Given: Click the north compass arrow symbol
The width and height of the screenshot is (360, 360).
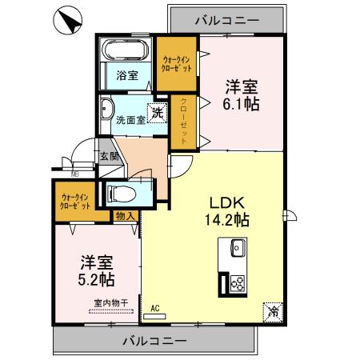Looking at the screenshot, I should click(x=68, y=21).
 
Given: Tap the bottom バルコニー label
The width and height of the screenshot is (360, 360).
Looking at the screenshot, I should click(x=154, y=340).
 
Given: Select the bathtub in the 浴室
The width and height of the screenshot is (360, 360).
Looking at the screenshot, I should click(x=124, y=54).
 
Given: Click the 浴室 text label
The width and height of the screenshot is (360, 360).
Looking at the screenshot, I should click(x=126, y=77).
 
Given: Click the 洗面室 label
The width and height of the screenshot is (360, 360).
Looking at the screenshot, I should click(x=130, y=122).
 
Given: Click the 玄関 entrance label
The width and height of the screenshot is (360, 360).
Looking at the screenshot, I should click(x=110, y=157).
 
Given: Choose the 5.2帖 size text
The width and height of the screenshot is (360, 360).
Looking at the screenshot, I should click(x=96, y=280).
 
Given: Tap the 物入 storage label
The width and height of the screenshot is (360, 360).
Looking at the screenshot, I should click(x=125, y=216).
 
